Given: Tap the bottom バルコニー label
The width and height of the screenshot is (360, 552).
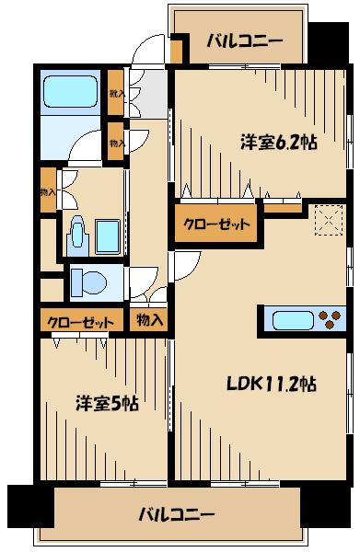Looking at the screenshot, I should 177,513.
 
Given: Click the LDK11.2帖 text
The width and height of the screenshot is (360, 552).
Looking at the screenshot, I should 273,384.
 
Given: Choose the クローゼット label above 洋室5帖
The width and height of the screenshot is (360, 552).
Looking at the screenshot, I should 82,322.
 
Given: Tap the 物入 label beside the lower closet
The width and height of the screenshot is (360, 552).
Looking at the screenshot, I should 149,320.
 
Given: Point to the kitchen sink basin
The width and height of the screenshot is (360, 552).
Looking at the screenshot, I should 292,320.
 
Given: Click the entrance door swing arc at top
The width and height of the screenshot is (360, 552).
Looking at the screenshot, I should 145,53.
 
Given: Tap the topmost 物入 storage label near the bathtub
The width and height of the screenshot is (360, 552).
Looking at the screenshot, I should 115,93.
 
